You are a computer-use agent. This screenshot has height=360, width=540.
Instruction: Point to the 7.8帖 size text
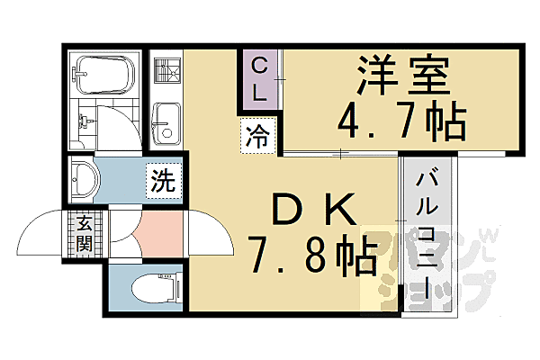311,256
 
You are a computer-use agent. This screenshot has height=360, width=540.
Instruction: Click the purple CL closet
259,78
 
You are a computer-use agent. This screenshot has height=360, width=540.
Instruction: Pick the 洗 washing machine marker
163,179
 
